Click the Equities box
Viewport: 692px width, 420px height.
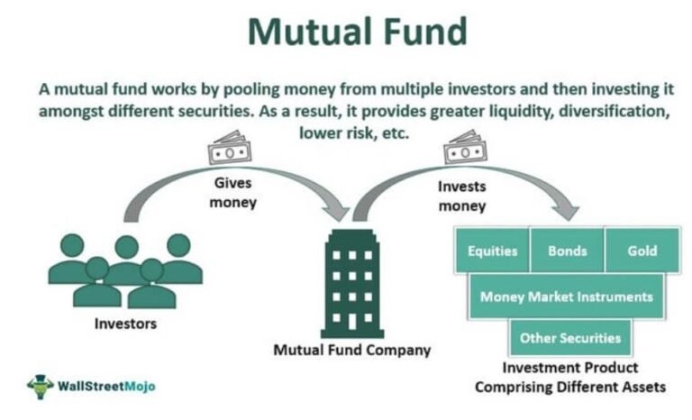pyautogui.click(x=492, y=250)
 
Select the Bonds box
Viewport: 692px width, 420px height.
pyautogui.click(x=567, y=250)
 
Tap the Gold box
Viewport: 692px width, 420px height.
pyautogui.click(x=642, y=250)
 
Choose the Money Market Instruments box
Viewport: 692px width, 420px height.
pyautogui.click(x=566, y=296)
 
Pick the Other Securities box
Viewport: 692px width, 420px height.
pyautogui.click(x=570, y=338)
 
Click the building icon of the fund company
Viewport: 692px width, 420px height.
pyautogui.click(x=352, y=284)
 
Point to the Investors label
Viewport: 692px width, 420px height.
pyautogui.click(x=125, y=324)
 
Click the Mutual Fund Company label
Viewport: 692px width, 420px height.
pyautogui.click(x=352, y=350)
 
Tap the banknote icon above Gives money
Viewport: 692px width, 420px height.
pyautogui.click(x=230, y=148)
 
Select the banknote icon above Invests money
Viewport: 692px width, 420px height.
pyautogui.click(x=465, y=147)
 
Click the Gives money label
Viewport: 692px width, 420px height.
pyautogui.click(x=233, y=193)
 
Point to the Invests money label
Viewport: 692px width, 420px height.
pyautogui.click(x=462, y=196)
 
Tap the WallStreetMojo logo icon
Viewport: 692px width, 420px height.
pyautogui.click(x=41, y=387)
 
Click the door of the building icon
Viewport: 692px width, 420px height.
pyautogui.click(x=352, y=322)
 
